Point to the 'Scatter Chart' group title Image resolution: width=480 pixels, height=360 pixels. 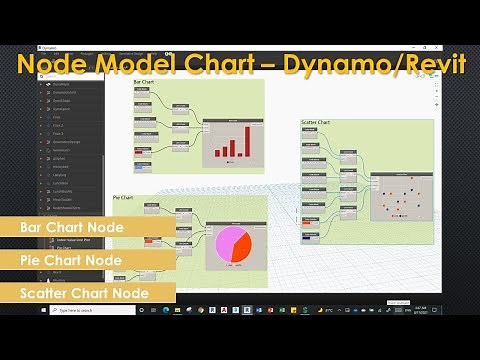(316, 123)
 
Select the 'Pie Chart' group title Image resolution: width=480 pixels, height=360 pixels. (124, 197)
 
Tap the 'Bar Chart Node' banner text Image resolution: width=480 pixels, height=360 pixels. (71, 228)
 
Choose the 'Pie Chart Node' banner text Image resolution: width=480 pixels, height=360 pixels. (70, 260)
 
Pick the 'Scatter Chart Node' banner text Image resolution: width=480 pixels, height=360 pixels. (85, 293)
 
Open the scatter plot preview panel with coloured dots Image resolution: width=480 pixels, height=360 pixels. (401, 195)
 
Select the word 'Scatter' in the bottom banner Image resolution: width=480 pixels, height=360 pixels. (47, 293)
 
